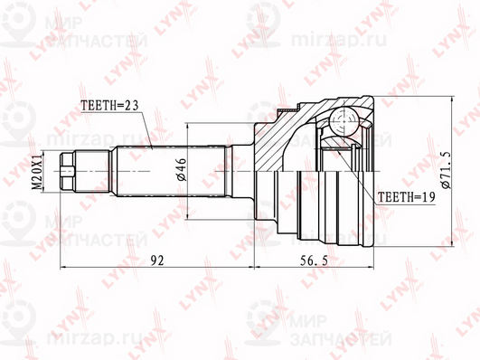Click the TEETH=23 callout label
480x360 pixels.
click(109, 106)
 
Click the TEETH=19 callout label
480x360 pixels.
click(406, 197)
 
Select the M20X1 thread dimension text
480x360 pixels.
click(37, 172)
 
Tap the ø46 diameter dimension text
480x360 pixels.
click(181, 169)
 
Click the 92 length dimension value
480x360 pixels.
click(157, 261)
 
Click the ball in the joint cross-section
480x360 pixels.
click(344, 121)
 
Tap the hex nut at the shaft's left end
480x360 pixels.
click(68, 171)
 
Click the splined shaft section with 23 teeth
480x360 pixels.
click(171, 171)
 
